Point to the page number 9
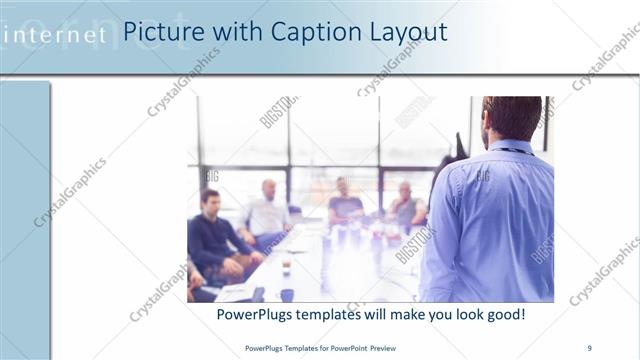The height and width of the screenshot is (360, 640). [x=589, y=347]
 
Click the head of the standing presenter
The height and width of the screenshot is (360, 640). [x=511, y=117]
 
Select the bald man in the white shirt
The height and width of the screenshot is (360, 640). [x=267, y=215]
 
